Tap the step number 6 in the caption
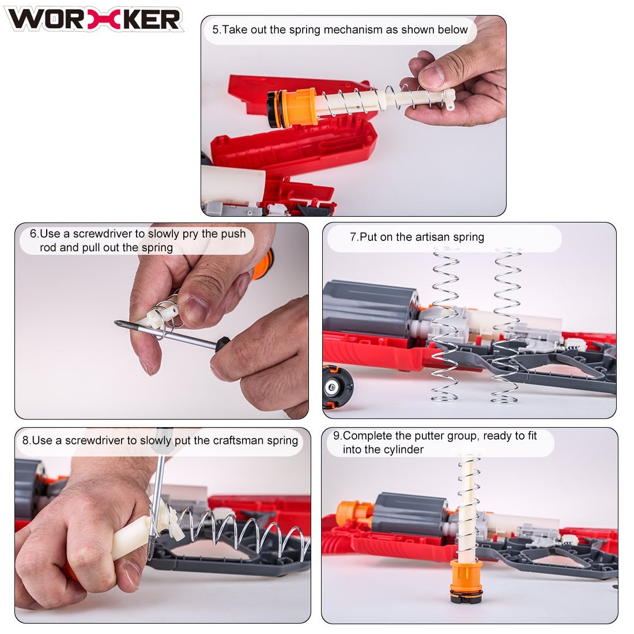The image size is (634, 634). (x=33, y=233)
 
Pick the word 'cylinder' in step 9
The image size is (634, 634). (x=405, y=450)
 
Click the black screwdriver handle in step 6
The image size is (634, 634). (x=222, y=344)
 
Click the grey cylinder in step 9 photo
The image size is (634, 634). (x=410, y=514)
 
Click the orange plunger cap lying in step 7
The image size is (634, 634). (x=337, y=387)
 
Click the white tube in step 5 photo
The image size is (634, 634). (x=233, y=184)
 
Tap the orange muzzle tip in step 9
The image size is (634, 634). (x=352, y=511)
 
